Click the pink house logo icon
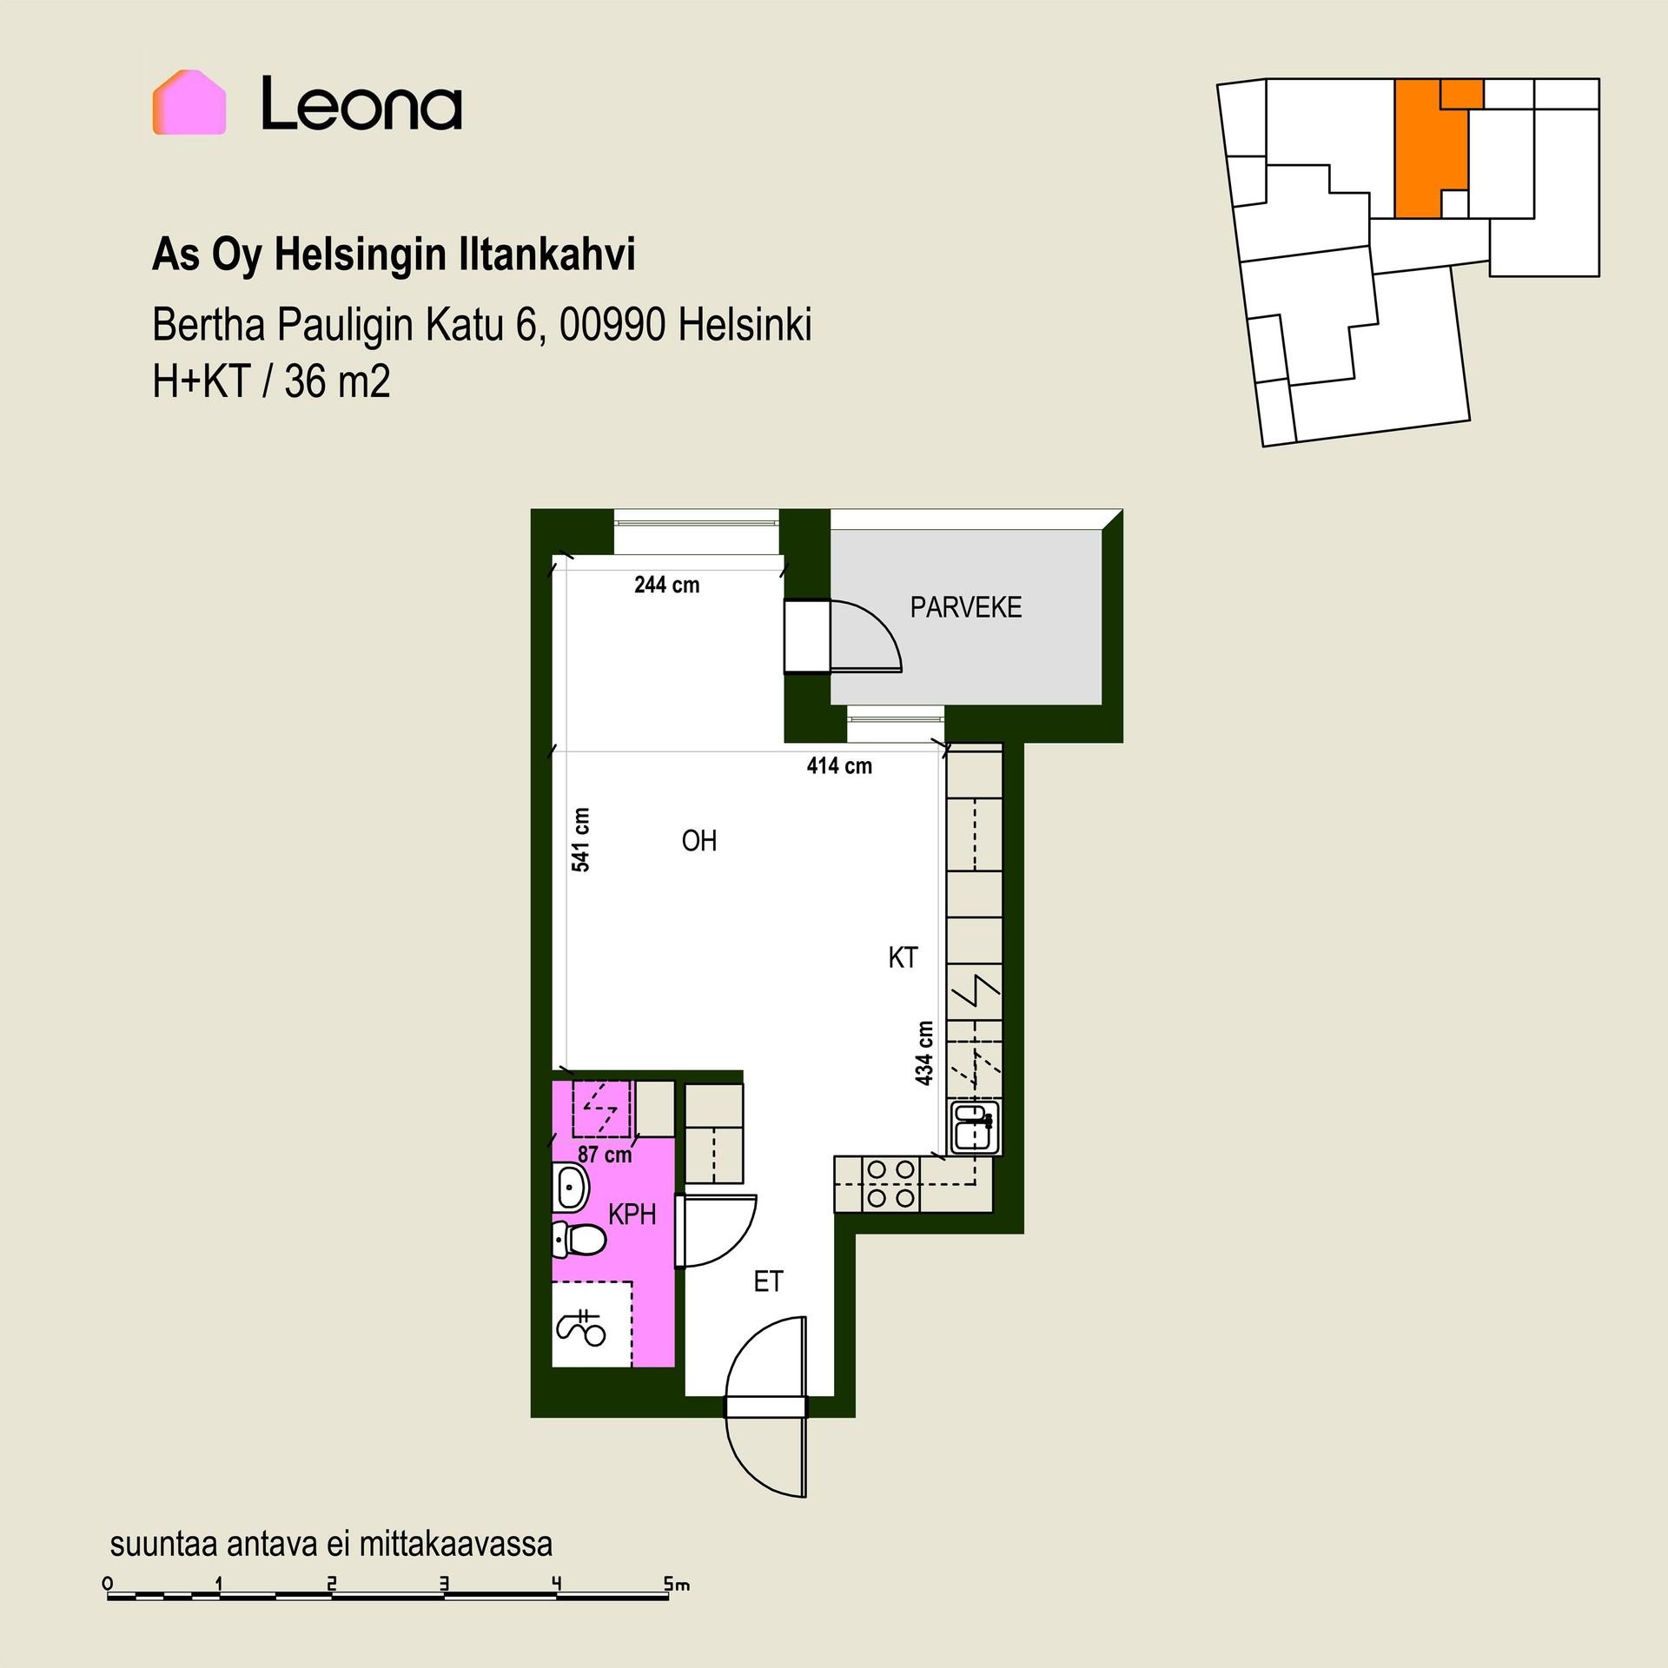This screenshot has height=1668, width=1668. (x=189, y=103)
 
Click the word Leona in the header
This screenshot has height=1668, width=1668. (x=361, y=103)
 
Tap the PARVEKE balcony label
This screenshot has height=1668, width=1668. (x=965, y=607)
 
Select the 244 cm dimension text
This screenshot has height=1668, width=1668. (x=666, y=585)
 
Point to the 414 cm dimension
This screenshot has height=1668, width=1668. (x=839, y=765)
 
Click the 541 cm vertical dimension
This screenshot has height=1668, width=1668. (x=581, y=839)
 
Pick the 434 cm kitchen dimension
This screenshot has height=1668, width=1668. (x=924, y=1053)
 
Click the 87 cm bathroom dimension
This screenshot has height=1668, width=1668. (x=605, y=1155)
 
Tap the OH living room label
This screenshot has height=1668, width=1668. (x=699, y=841)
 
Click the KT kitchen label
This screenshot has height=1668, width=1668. (x=903, y=957)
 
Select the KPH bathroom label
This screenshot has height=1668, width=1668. (x=632, y=1215)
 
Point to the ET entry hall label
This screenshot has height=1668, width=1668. (x=768, y=1281)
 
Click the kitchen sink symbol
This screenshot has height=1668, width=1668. (x=975, y=1127)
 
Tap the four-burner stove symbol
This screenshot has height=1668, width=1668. (x=890, y=1183)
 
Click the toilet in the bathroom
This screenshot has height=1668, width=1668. (x=577, y=1240)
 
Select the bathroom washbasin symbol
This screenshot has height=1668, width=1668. (x=571, y=1188)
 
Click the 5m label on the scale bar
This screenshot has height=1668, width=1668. (x=677, y=1585)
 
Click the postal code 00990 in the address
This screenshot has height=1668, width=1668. (x=613, y=326)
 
